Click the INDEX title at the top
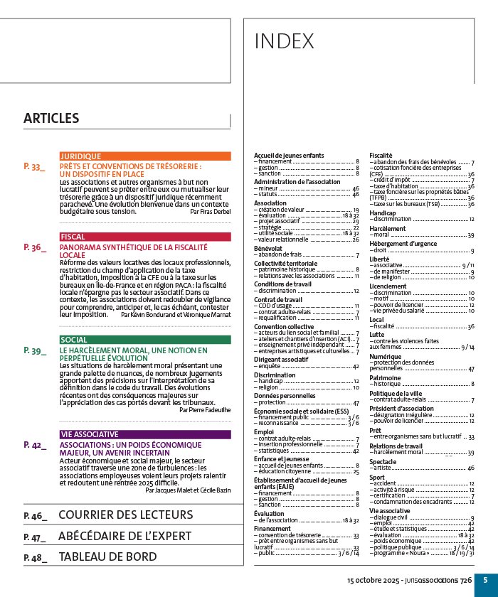point(284,42)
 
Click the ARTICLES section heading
point(51,118)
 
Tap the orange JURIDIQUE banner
point(145,156)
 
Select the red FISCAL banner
point(145,237)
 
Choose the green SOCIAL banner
point(145,340)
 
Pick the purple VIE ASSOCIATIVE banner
point(145,434)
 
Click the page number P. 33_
point(35,167)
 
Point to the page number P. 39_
point(35,350)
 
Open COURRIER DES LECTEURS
point(125,515)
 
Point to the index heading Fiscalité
point(382,155)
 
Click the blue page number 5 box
point(484,580)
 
